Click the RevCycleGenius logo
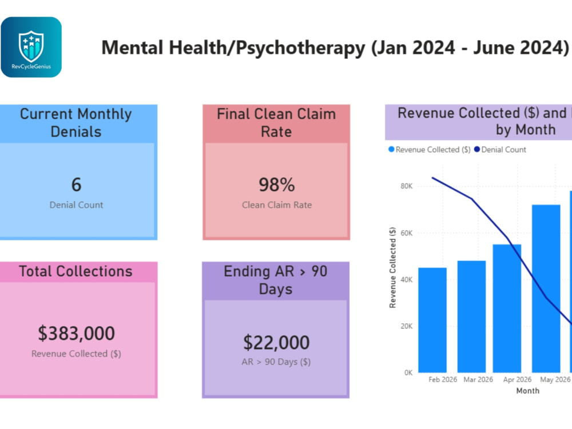click(31, 47)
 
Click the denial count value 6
click(76, 185)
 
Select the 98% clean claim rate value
click(277, 185)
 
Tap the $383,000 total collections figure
click(76, 333)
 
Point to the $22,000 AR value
click(276, 343)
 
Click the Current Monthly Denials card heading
click(76, 123)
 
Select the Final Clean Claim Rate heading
click(276, 123)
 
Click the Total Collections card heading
click(76, 271)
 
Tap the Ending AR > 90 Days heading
click(276, 280)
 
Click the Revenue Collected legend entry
click(430, 150)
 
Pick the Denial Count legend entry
click(500, 150)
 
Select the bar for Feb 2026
click(432, 320)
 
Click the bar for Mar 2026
click(471, 316)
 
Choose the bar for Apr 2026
click(507, 308)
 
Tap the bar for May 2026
click(546, 288)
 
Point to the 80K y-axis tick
click(406, 186)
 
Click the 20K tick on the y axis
click(406, 326)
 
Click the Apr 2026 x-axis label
click(517, 379)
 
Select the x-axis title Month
click(527, 391)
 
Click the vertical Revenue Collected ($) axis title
click(392, 268)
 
